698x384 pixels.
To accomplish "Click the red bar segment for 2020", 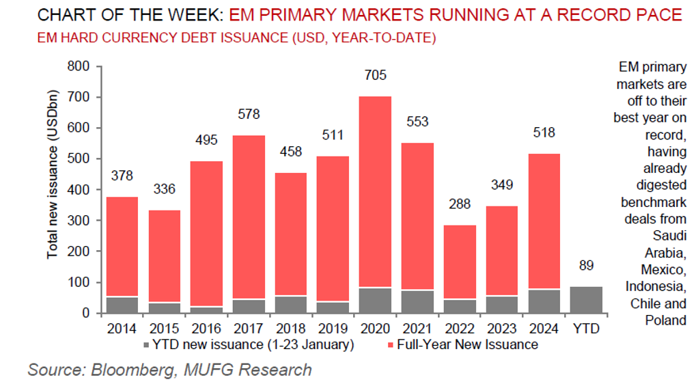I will pos(376,191).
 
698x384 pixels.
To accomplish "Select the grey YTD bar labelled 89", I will pos(587,300).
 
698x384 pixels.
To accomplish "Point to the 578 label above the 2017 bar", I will pos(249,114).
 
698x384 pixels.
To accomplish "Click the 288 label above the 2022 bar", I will pos(460,204).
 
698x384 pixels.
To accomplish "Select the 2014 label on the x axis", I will pos(122,329).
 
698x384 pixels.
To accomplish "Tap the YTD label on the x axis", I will pos(587,329).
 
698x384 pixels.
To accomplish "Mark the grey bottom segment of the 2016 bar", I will pos(207,310).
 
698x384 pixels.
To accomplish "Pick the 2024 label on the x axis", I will pos(544,329).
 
